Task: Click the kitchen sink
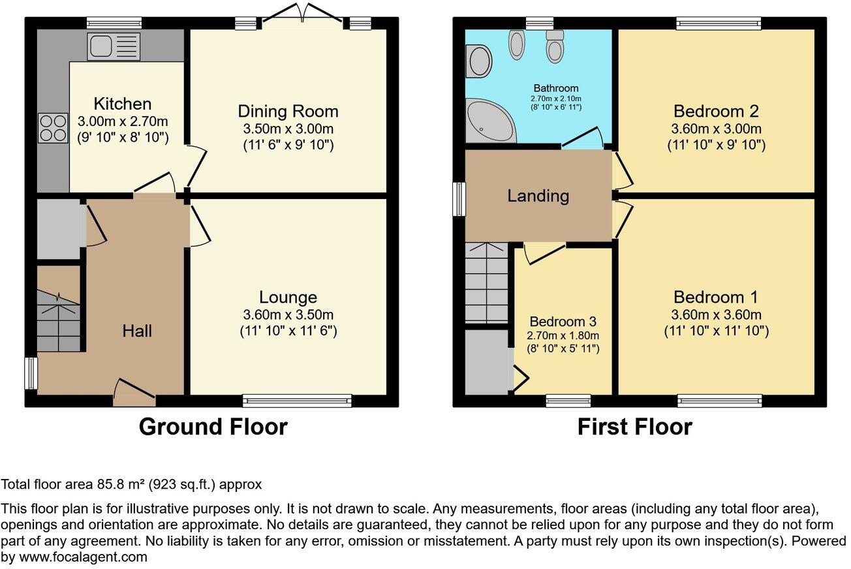click(x=114, y=46)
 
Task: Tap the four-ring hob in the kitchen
click(x=54, y=129)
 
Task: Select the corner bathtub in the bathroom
click(x=489, y=121)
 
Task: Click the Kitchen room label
click(x=122, y=104)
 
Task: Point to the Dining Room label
click(x=288, y=112)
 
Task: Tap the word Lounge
click(x=288, y=297)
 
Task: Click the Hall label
click(x=137, y=331)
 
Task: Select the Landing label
click(x=538, y=196)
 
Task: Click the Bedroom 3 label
click(x=563, y=322)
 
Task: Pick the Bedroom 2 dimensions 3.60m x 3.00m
click(x=716, y=129)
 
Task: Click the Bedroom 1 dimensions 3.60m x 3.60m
click(x=716, y=315)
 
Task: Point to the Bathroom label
click(x=556, y=88)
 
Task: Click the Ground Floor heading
click(x=213, y=427)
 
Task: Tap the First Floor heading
click(x=635, y=427)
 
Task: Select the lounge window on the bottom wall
click(x=297, y=401)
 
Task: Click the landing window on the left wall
click(x=459, y=200)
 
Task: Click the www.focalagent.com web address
click(x=83, y=557)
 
